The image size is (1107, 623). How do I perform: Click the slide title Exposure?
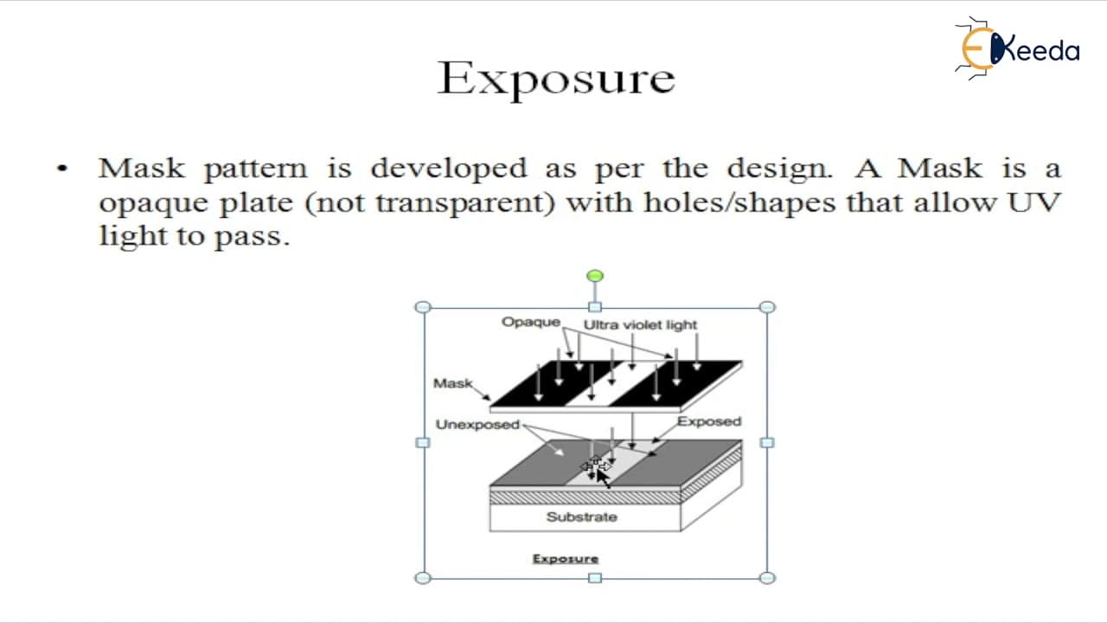click(556, 79)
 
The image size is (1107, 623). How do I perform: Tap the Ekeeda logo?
click(1017, 48)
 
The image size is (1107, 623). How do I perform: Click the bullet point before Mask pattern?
click(62, 169)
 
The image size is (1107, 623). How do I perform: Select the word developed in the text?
click(449, 169)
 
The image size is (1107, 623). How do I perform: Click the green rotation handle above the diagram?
click(595, 275)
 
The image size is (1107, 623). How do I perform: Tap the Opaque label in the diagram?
click(531, 323)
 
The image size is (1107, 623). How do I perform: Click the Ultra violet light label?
click(640, 324)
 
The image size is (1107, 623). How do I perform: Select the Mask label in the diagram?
click(452, 383)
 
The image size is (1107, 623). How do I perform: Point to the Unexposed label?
click(477, 425)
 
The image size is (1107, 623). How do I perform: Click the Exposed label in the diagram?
click(709, 421)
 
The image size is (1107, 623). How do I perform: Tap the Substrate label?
click(582, 517)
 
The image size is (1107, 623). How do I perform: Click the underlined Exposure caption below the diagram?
click(566, 559)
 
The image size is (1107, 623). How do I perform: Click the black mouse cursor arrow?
click(604, 478)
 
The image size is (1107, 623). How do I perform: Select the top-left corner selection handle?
click(423, 307)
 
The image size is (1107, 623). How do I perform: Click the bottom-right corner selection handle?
click(767, 577)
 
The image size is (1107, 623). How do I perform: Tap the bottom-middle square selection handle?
click(595, 577)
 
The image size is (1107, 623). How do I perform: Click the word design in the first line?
click(779, 169)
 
